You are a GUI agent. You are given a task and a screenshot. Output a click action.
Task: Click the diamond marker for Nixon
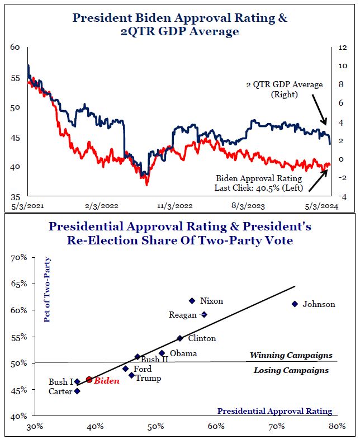tap(192, 301)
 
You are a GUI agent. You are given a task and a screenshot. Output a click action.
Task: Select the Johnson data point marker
tap(295, 304)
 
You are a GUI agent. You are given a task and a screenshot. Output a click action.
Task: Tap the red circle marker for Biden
tap(89, 380)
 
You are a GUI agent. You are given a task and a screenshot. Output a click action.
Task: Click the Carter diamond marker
tap(77, 391)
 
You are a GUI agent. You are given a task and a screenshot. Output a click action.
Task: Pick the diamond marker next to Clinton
tap(179, 338)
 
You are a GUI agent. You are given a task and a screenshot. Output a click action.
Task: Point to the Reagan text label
tap(182, 315)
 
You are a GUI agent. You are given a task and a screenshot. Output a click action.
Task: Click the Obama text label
tap(183, 353)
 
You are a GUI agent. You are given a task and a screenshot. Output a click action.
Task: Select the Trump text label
tap(148, 378)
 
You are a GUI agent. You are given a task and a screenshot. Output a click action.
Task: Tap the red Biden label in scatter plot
tap(106, 380)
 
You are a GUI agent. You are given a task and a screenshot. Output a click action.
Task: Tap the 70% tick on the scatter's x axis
tap(276, 427)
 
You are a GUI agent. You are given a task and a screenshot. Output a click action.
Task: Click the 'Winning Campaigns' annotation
tap(291, 355)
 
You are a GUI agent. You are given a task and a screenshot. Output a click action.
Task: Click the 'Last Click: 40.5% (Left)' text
tap(258, 188)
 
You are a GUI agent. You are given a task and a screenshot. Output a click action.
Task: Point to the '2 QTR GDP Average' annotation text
tap(285, 84)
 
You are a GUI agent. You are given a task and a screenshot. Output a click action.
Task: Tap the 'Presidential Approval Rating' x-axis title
tap(274, 411)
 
